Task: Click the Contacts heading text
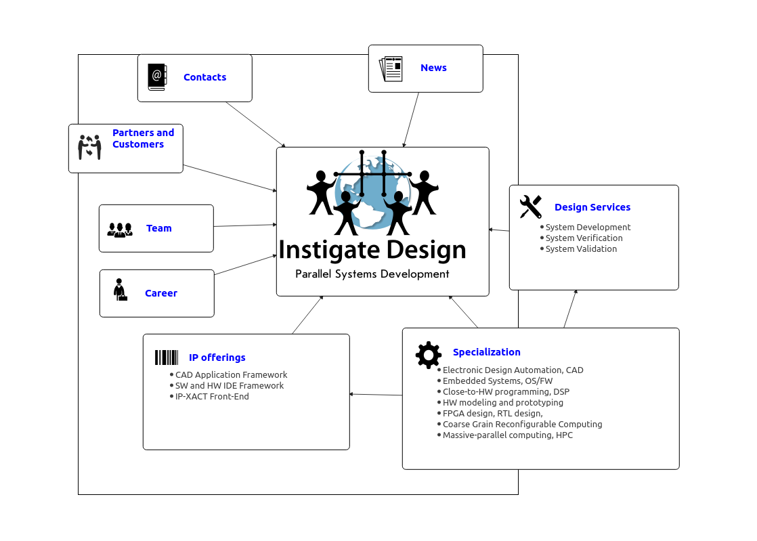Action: click(204, 77)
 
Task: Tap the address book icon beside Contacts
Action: click(157, 77)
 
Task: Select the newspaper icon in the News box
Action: click(391, 68)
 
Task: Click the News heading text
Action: click(433, 68)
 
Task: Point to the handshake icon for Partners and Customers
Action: click(90, 147)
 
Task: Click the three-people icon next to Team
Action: click(120, 230)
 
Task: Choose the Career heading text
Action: click(161, 293)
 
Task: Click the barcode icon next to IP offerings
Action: click(167, 358)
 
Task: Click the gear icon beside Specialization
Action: click(428, 355)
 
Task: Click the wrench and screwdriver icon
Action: click(531, 207)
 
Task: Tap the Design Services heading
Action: click(592, 207)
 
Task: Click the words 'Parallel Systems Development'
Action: click(372, 274)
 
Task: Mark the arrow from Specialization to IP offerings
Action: click(376, 395)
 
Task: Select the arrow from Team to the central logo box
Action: click(245, 225)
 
